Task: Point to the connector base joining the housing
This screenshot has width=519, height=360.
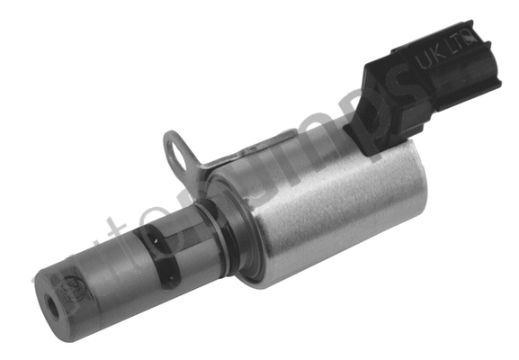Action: pos(378,135)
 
